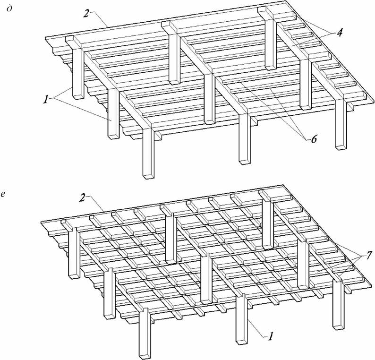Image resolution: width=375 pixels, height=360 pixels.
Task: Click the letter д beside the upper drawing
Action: [x=9, y=9]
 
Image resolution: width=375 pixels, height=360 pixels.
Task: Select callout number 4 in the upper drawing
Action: [x=339, y=33]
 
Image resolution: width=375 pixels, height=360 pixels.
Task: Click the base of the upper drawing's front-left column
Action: [x=148, y=176]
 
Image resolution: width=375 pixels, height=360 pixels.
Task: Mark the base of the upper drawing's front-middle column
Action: [x=245, y=162]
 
